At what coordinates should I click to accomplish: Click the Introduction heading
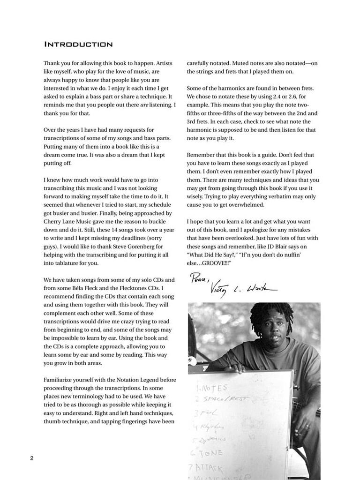tap(78, 45)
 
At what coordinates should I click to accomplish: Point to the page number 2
tap(32, 458)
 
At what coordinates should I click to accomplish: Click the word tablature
tap(62, 263)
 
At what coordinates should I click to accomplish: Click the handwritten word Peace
tap(199, 279)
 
